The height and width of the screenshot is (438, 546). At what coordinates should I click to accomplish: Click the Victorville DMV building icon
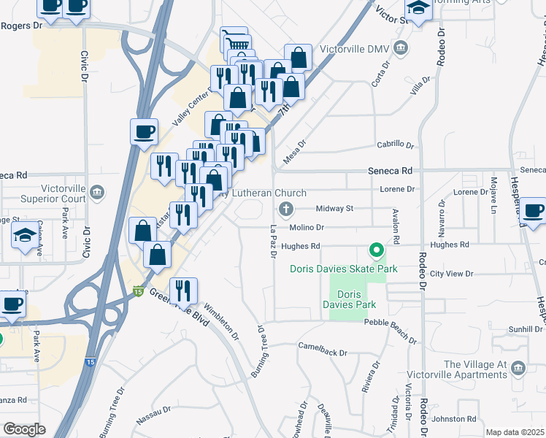click(401, 48)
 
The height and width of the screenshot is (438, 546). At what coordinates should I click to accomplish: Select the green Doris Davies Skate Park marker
click(377, 252)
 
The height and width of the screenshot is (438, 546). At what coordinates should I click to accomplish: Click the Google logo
click(24, 429)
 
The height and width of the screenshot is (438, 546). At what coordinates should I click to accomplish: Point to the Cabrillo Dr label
click(395, 145)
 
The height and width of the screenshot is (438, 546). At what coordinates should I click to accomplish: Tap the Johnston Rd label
click(454, 419)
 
